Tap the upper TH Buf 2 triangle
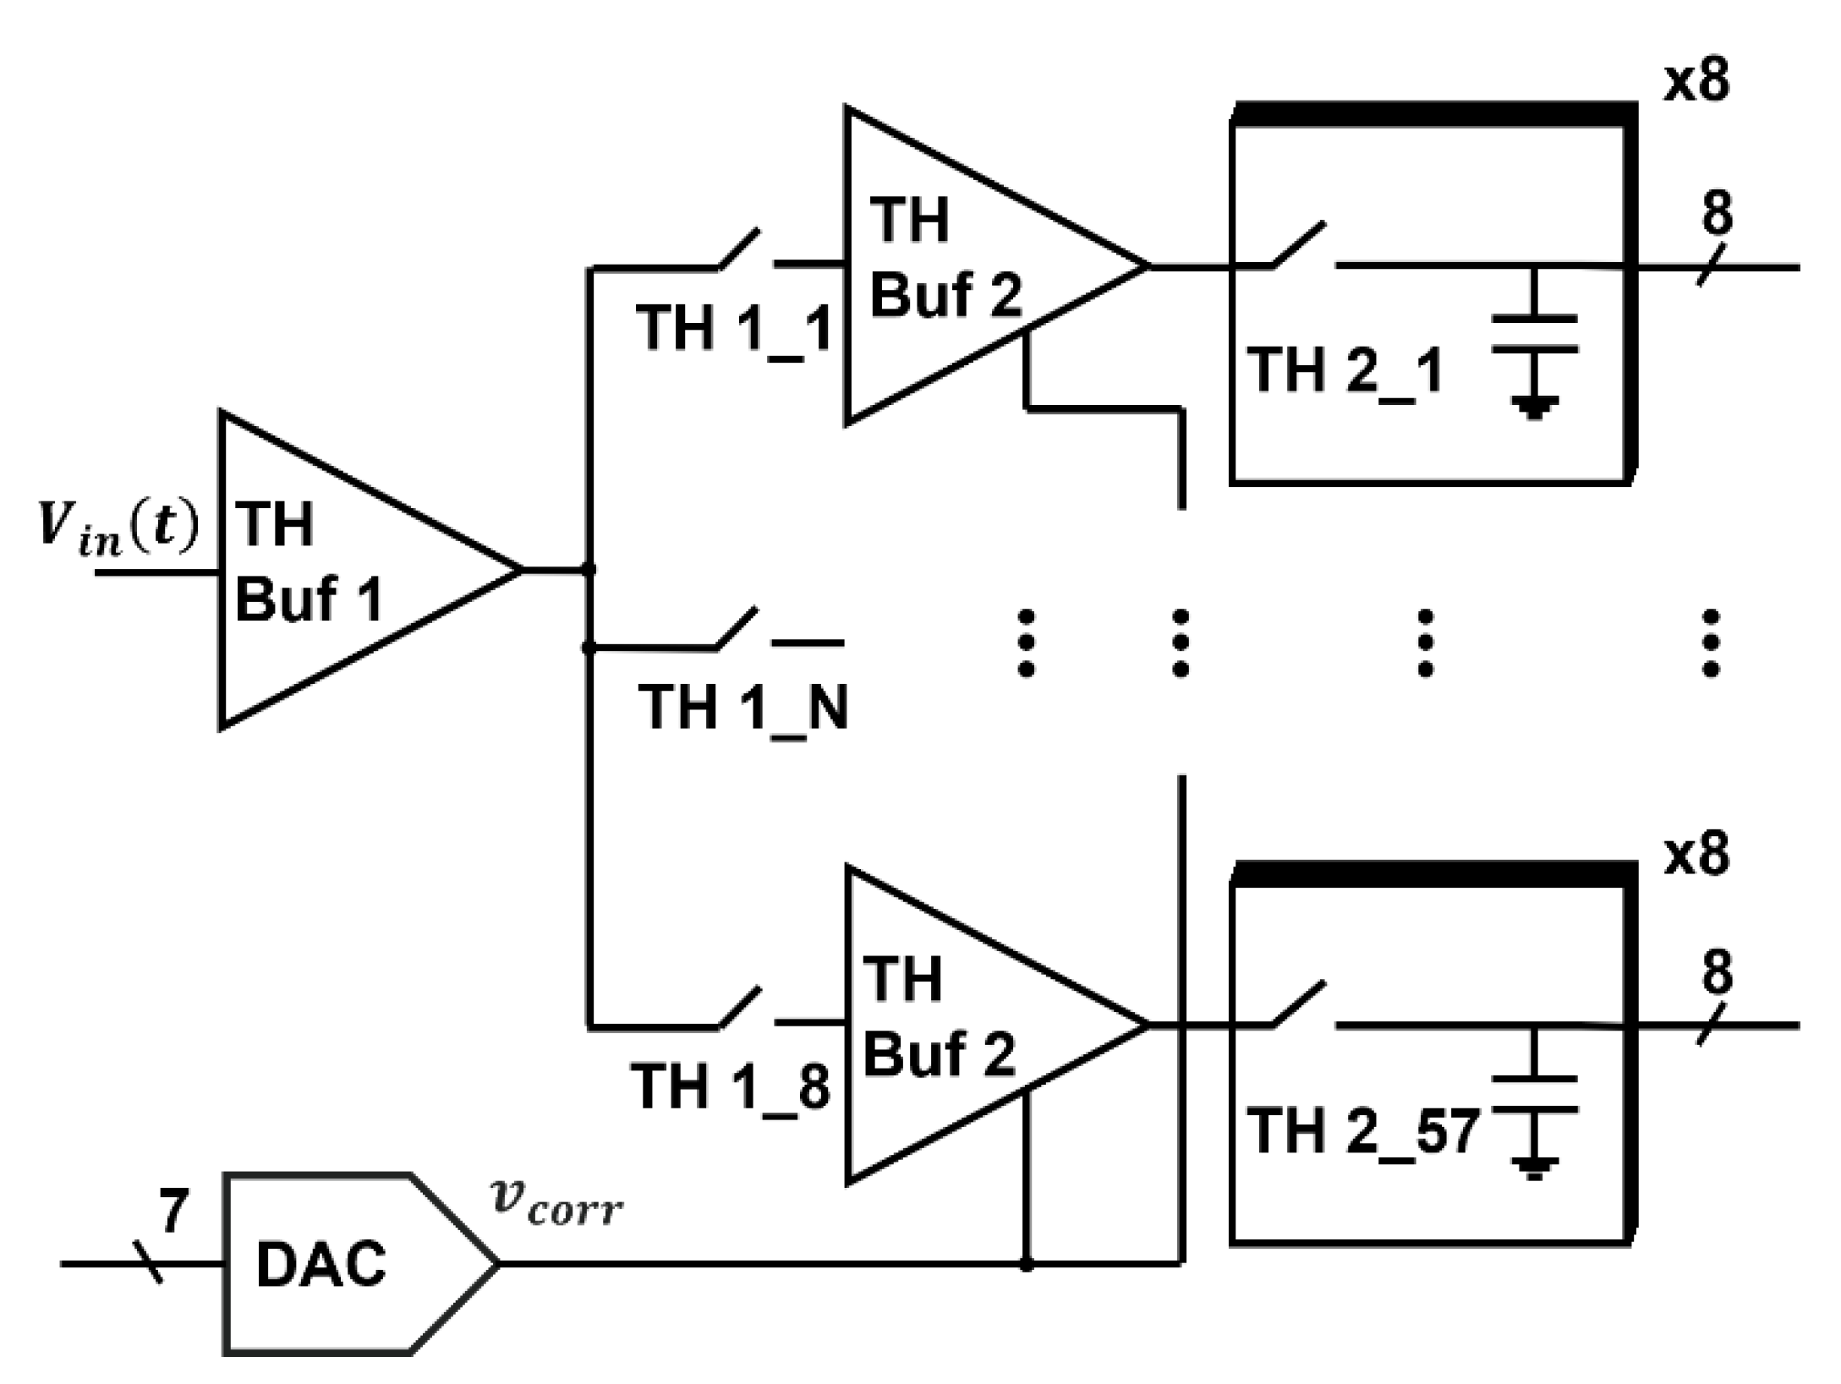973,265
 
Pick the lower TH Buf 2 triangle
973,1025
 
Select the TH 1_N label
742,707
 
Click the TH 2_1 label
1345,370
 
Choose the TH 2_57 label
1362,1131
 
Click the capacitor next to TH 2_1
1534,333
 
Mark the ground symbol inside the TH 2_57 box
1534,1169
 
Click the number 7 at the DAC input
173,1211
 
